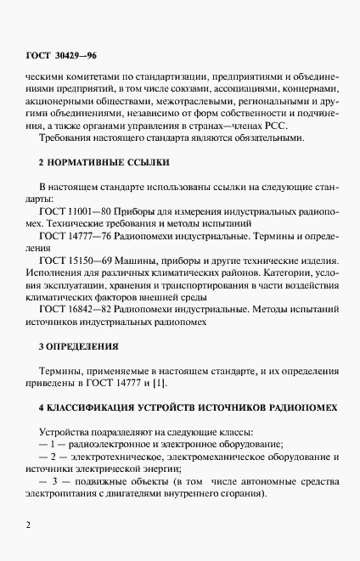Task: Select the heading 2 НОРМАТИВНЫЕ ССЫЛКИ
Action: click(x=93, y=161)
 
